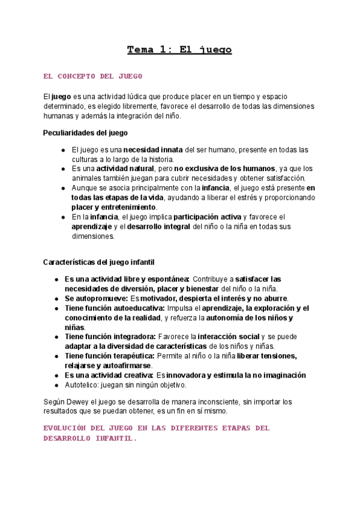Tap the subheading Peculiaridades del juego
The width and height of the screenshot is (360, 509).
click(85, 133)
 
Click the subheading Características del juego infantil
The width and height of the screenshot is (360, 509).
click(100, 262)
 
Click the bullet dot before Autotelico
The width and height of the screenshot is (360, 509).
click(56, 385)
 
